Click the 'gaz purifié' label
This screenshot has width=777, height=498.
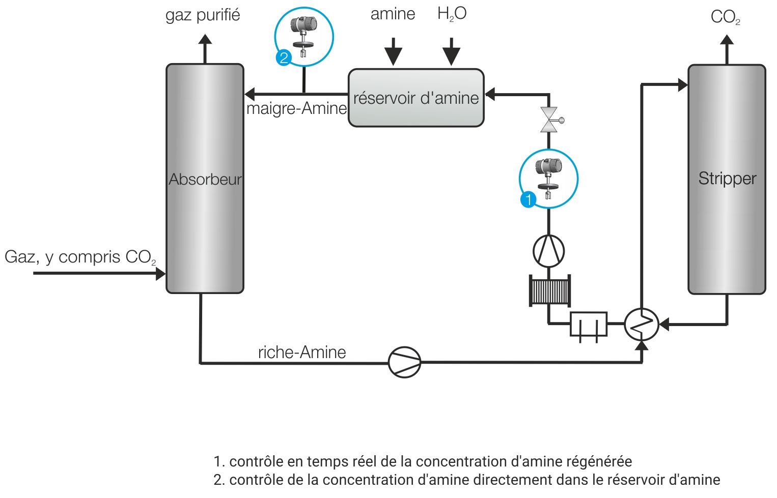click(x=203, y=15)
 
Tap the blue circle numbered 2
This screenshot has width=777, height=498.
click(x=284, y=57)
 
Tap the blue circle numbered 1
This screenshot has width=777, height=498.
click(x=529, y=199)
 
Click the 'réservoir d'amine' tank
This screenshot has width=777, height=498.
click(x=416, y=98)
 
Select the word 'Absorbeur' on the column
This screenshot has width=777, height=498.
click(x=205, y=180)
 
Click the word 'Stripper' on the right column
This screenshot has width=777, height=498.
click(x=727, y=179)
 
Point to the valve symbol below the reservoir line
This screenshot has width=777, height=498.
click(x=549, y=120)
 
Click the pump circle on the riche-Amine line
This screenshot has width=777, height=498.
click(x=405, y=362)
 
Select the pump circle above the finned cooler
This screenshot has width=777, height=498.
click(x=548, y=251)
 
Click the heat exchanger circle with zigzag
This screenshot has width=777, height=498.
click(x=642, y=324)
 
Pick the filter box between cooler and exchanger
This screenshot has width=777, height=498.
click(x=588, y=325)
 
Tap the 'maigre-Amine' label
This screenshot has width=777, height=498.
click(x=296, y=108)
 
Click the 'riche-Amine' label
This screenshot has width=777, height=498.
click(x=302, y=352)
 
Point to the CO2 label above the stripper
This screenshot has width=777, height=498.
click(x=725, y=17)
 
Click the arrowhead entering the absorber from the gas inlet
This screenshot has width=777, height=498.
click(x=160, y=274)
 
